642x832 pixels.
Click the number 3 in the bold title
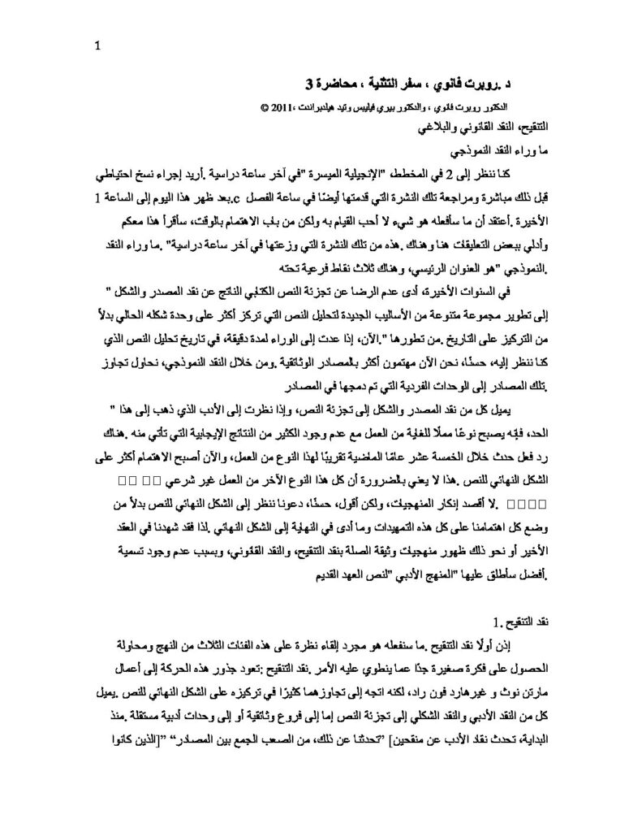[x=308, y=84]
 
